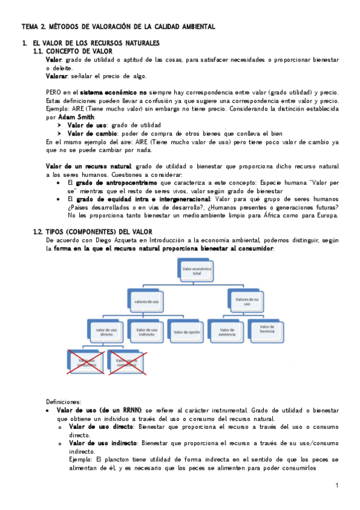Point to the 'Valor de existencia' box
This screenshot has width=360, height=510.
pyautogui.click(x=226, y=331)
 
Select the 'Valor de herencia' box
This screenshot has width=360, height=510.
pyautogui.click(x=266, y=331)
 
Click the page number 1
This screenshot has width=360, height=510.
pyautogui.click(x=337, y=485)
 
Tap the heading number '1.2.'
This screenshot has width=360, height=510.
pyautogui.click(x=38, y=232)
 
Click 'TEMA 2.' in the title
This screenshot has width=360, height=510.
pyautogui.click(x=34, y=27)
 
